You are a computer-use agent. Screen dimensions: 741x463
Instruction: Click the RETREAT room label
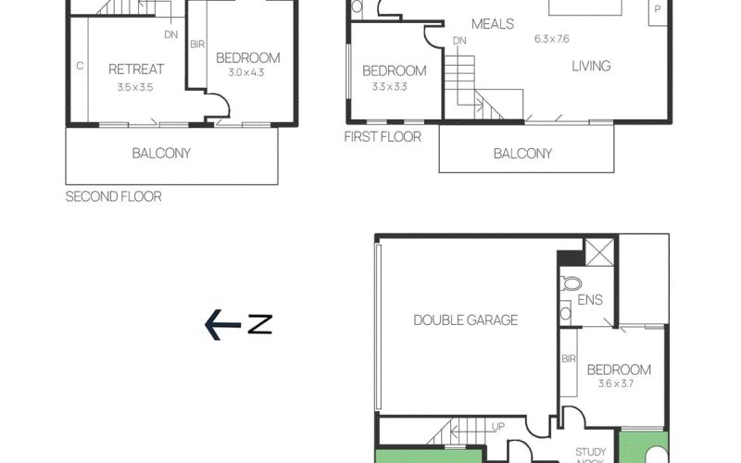[136, 69]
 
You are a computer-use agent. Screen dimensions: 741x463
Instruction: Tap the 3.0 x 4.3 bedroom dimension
[246, 73]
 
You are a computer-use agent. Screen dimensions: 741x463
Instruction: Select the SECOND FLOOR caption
[113, 196]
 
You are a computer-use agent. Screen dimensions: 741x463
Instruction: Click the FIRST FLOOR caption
[383, 137]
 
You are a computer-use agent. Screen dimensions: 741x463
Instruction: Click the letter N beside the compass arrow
[260, 325]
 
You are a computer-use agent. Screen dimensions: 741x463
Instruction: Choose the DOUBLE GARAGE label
[466, 320]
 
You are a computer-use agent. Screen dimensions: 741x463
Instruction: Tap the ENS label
[590, 299]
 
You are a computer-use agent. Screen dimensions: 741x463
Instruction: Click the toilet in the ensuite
[571, 284]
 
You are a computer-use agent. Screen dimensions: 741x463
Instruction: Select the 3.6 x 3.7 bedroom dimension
[615, 383]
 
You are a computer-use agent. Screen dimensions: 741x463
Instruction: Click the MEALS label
[493, 24]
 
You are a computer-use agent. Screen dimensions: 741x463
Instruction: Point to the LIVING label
[591, 66]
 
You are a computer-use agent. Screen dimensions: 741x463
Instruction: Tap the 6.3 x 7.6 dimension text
[551, 39]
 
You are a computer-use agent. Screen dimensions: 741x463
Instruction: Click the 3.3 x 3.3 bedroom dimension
[389, 87]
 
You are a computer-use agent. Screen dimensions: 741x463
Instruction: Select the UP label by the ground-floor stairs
[498, 427]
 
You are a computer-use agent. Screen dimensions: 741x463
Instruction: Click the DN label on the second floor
[171, 34]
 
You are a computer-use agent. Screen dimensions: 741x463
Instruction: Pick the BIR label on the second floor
[197, 44]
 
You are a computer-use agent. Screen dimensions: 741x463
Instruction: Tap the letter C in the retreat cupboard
[80, 66]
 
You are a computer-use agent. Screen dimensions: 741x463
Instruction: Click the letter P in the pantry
[657, 9]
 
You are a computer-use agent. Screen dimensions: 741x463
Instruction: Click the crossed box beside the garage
[599, 252]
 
